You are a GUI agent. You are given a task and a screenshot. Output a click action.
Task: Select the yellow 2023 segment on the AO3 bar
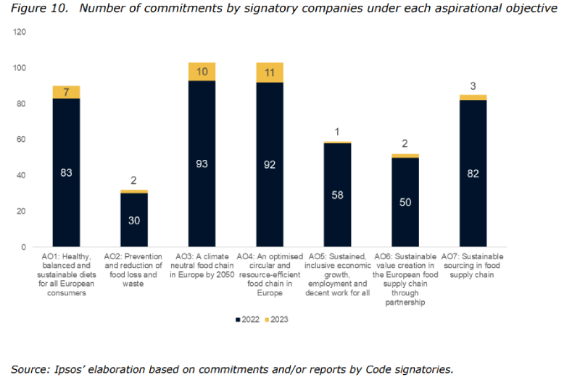point(202,72)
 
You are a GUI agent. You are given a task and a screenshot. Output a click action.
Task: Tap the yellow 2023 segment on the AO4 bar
point(270,72)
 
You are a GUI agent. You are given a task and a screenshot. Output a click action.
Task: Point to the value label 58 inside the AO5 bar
point(337,195)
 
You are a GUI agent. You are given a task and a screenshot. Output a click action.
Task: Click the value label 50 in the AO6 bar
point(405,202)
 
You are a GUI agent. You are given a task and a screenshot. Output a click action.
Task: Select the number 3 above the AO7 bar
point(473,86)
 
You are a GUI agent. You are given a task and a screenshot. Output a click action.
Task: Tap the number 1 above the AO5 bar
point(337,132)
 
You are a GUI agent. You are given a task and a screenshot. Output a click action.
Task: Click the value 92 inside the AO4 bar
point(270,164)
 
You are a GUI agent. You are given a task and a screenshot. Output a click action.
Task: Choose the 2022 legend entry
point(246,319)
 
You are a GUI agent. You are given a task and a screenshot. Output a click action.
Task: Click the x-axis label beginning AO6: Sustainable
point(405,279)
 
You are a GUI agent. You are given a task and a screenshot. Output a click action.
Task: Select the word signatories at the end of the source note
point(423,369)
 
